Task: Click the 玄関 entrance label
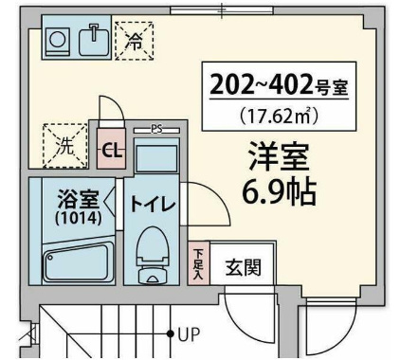point(243,266)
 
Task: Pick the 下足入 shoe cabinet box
point(197,261)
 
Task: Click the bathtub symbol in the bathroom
point(75,261)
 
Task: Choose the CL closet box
point(111,150)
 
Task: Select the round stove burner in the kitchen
point(58,39)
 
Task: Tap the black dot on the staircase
point(171,333)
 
